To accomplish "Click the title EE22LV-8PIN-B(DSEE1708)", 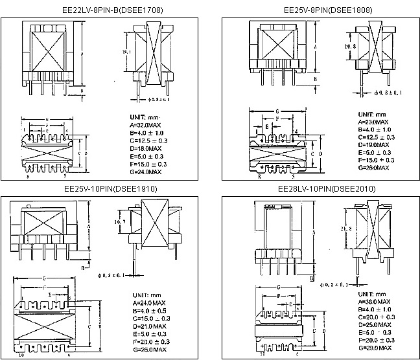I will coord(107,10).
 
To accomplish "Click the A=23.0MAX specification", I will coord(373,121).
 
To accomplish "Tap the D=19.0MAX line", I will coord(373,144).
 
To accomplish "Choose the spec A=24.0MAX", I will coord(150,302).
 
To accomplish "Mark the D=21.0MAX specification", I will coord(150,326).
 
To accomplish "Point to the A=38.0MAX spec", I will coord(374,302).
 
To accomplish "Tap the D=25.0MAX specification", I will coord(374,325).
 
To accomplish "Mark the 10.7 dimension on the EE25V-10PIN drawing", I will coord(119,221).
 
